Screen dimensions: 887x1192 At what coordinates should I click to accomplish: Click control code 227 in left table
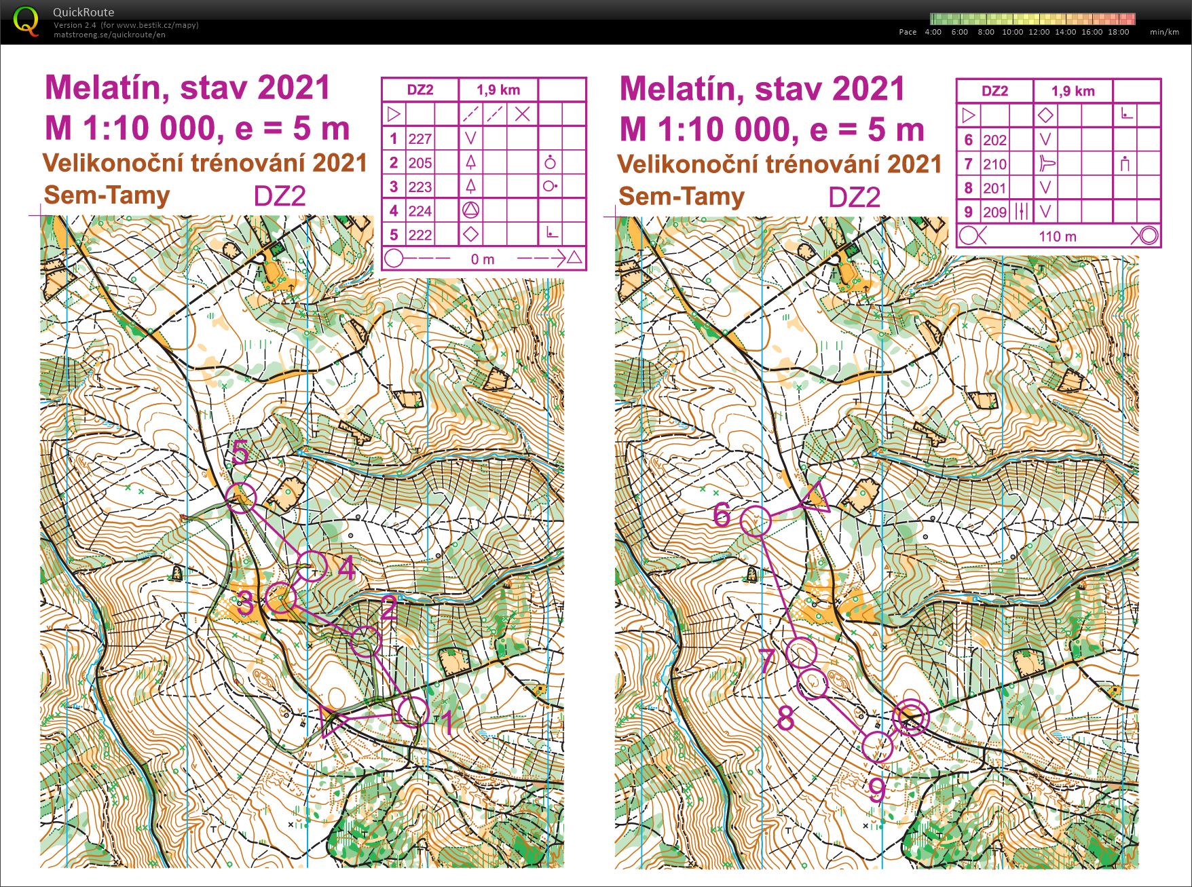tap(420, 139)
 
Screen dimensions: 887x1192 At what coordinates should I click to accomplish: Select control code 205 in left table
tap(420, 163)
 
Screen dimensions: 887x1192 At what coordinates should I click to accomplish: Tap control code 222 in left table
tap(420, 235)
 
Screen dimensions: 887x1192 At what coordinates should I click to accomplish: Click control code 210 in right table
tap(994, 164)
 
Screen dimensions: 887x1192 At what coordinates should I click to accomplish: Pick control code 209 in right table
tap(994, 212)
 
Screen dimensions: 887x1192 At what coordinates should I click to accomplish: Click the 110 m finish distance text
tap(1057, 236)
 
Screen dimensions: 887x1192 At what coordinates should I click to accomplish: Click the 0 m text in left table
tap(482, 259)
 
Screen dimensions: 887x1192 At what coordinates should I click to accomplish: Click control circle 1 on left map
tap(413, 712)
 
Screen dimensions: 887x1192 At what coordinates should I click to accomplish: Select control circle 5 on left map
tap(241, 498)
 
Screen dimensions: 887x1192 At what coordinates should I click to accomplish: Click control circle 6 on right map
tap(756, 521)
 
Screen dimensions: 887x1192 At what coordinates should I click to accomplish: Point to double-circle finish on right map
tap(910, 718)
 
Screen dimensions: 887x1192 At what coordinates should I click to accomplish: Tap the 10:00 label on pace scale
tap(1012, 32)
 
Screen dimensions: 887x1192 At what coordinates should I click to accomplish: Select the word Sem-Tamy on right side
tap(682, 197)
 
